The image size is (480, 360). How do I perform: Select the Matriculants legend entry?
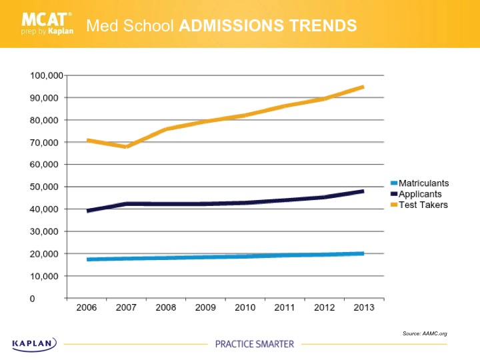tap(423, 183)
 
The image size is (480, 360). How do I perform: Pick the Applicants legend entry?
tap(421, 193)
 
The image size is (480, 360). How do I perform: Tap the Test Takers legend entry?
tap(422, 205)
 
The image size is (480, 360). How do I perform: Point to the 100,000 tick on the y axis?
tap(45, 75)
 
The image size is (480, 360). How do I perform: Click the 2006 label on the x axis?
tap(87, 308)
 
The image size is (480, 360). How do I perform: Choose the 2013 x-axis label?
tap(363, 308)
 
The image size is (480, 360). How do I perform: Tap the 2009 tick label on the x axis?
tap(205, 308)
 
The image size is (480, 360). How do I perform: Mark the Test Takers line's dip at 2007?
tap(126, 147)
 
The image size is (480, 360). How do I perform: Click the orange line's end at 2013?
tap(363, 87)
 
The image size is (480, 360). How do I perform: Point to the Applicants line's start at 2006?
tap(87, 211)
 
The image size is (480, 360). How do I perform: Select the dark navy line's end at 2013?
tap(363, 191)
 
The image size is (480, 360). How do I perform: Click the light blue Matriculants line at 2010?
tap(244, 256)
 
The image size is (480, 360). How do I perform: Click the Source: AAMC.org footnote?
tap(425, 333)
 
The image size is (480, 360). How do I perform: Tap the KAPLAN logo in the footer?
tap(35, 343)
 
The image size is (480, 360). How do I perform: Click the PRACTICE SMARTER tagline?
tap(254, 344)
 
